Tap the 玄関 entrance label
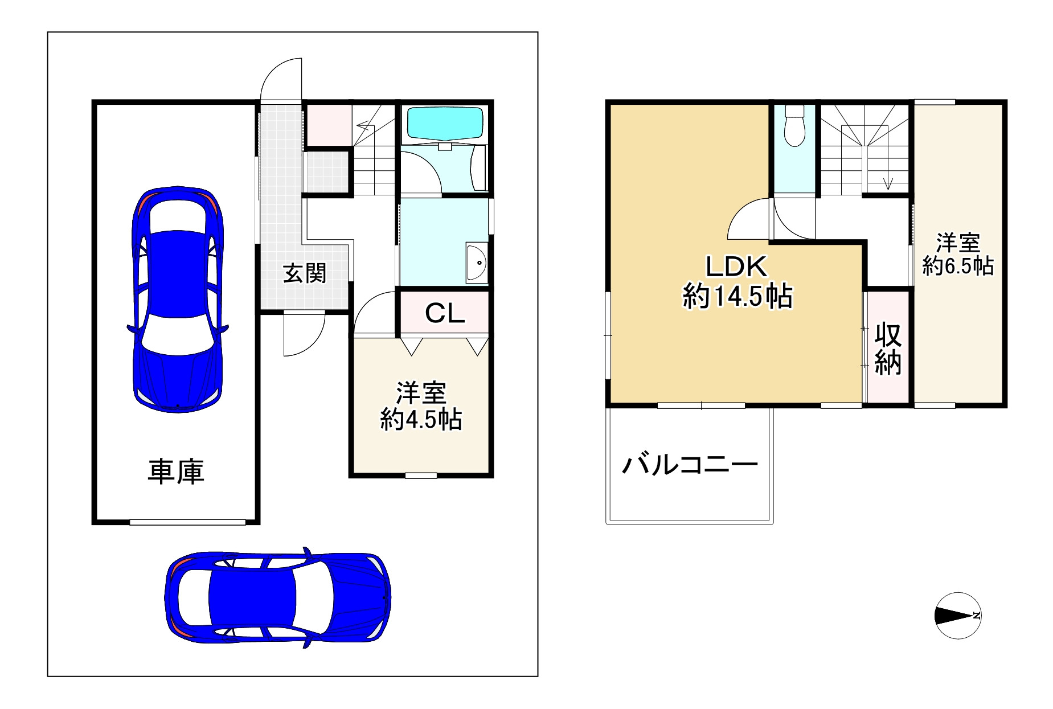[x=305, y=273]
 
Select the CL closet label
[x=445, y=313]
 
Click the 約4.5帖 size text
[x=421, y=420]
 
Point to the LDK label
[x=737, y=267]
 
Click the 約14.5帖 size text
[x=737, y=296]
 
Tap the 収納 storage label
[x=888, y=349]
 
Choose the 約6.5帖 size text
[x=958, y=266]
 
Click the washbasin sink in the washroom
[x=477, y=263]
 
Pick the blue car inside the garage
[x=177, y=298]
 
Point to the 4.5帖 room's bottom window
[x=421, y=475]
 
